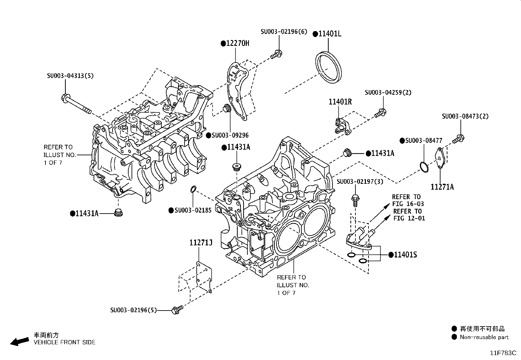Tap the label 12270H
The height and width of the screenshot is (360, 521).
point(237,43)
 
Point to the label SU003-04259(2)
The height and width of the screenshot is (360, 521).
point(388,92)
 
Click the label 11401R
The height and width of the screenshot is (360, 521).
point(340,102)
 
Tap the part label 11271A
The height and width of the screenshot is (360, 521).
point(442,187)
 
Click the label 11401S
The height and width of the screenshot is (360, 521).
point(405,255)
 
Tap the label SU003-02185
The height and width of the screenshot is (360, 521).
point(193,210)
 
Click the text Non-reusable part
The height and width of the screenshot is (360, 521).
point(484,337)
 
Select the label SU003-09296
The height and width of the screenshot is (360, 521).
point(230,135)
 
